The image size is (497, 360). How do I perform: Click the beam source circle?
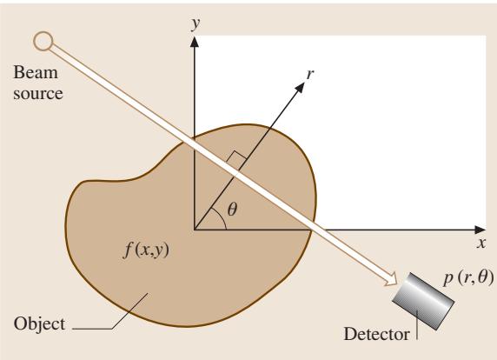[x=43, y=41]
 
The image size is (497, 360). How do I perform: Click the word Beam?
[x=36, y=72]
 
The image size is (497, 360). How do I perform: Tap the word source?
[x=38, y=94]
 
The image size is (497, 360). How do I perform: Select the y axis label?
[x=196, y=23]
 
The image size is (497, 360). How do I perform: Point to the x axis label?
[x=481, y=243]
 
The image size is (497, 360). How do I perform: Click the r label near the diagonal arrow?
[x=310, y=74]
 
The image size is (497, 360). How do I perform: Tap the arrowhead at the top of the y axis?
[x=195, y=42]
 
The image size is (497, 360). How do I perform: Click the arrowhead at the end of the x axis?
[x=480, y=230]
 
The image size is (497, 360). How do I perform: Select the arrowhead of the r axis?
[x=300, y=88]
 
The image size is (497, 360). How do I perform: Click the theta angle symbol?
[x=232, y=209]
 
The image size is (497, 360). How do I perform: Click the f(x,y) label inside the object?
[x=146, y=250]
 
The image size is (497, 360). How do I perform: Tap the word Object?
[x=39, y=324]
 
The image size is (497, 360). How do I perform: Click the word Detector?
[x=376, y=334]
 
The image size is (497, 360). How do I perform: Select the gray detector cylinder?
[x=423, y=302]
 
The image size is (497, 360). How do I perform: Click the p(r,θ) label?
[x=469, y=278]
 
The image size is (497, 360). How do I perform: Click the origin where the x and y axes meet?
[x=195, y=230]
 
